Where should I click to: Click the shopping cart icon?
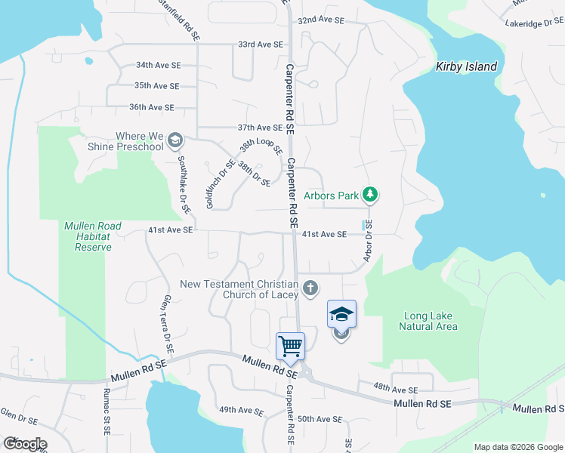coord(291,347)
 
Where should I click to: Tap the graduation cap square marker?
coord(341,313)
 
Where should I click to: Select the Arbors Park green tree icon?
coord(370,196)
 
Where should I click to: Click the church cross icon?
coord(310,288)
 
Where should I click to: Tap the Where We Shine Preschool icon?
coord(176,140)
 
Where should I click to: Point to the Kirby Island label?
coord(467,66)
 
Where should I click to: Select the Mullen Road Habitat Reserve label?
coord(88,236)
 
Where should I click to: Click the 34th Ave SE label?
coord(158,65)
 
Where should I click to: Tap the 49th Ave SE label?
coord(241,411)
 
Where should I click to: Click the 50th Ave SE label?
coord(320,418)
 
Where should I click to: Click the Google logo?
coord(24,444)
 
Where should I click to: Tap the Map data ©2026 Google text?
coord(518,447)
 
